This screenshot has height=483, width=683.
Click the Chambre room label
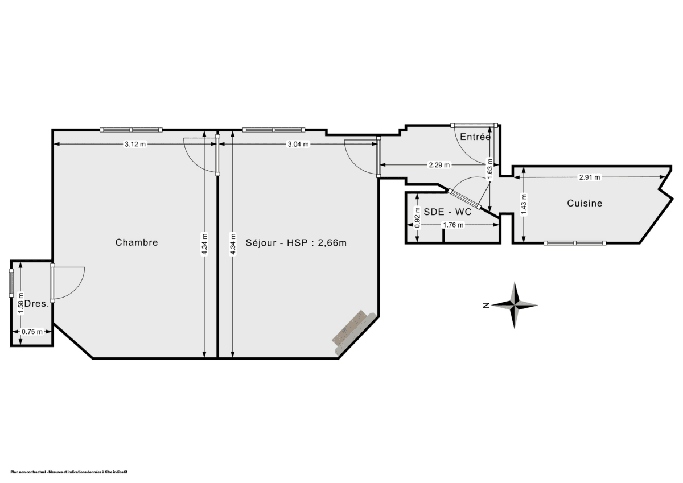pos(136,242)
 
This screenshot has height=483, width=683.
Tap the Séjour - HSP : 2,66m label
pos(296,242)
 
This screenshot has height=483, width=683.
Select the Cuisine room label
pos(585,203)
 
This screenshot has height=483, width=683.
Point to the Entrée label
pos(475,137)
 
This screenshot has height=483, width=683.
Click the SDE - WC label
pos(447,212)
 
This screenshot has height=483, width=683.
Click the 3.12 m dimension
pos(135,145)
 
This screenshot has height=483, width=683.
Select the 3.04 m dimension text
pos(298,145)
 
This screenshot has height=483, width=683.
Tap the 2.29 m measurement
pos(439,165)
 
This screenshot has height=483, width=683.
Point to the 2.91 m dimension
pos(590,177)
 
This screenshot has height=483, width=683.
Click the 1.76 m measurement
pos(453,225)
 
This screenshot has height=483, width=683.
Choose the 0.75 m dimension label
pos(32,332)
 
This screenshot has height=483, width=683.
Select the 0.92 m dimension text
pos(417,217)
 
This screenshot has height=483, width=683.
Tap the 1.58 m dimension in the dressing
pos(21,303)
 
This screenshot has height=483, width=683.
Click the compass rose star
pos(515,306)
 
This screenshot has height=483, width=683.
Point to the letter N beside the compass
pos(486,306)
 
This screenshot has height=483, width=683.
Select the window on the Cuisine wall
pos(575,243)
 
